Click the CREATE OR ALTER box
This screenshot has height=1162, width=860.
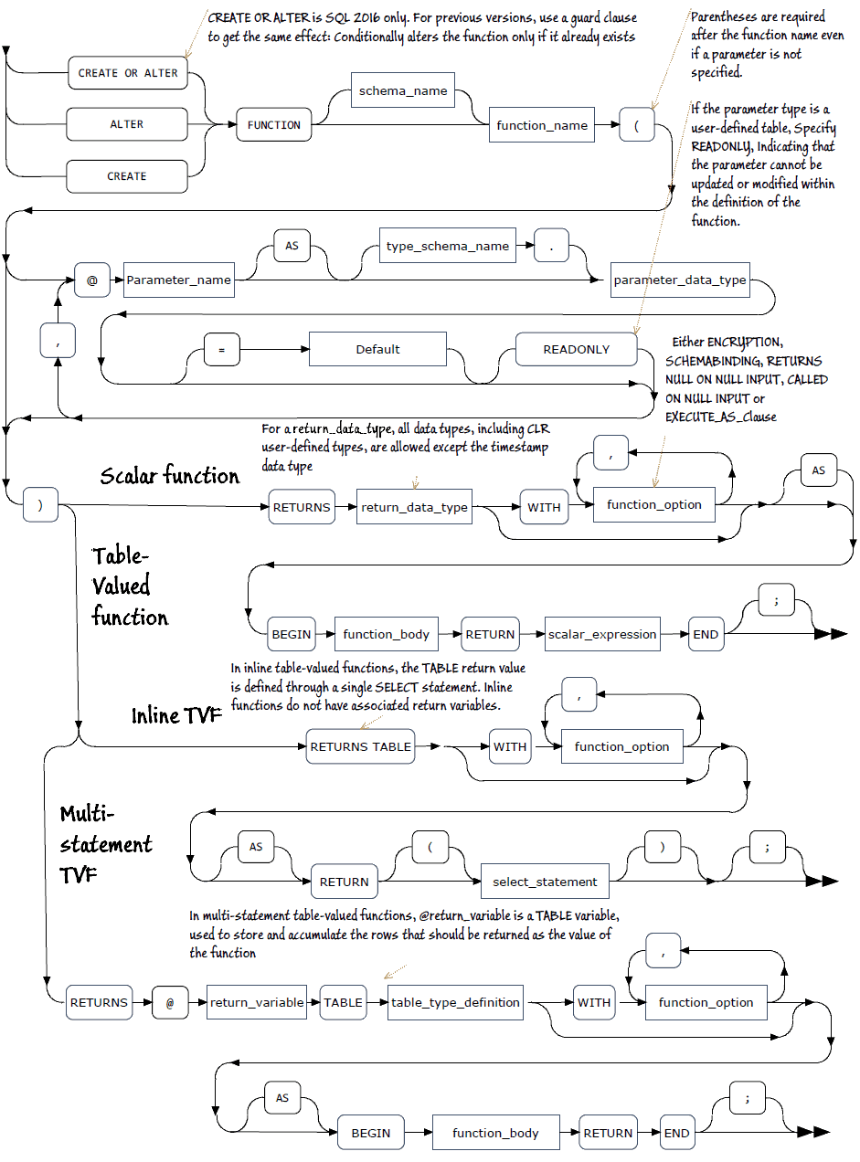128,73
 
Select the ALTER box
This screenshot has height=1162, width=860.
127,124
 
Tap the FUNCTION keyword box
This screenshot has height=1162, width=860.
274,125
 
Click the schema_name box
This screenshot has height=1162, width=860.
403,91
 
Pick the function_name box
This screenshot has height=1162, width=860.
542,125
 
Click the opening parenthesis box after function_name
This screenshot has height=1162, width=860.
636,125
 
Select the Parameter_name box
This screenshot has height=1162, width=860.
179,280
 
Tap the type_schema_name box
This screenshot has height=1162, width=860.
447,246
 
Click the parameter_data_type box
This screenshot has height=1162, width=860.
680,280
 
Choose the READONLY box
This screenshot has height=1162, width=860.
576,349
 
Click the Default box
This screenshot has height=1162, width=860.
377,349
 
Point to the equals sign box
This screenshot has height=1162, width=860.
220,349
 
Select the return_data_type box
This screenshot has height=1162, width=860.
415,506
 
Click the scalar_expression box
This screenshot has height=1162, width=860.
602,634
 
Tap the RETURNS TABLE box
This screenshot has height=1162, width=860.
360,746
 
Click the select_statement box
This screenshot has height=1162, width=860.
545,882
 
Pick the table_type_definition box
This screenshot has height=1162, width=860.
455,1002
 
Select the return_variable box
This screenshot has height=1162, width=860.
257,1002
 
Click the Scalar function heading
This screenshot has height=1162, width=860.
170,476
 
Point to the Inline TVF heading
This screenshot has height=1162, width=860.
177,715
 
